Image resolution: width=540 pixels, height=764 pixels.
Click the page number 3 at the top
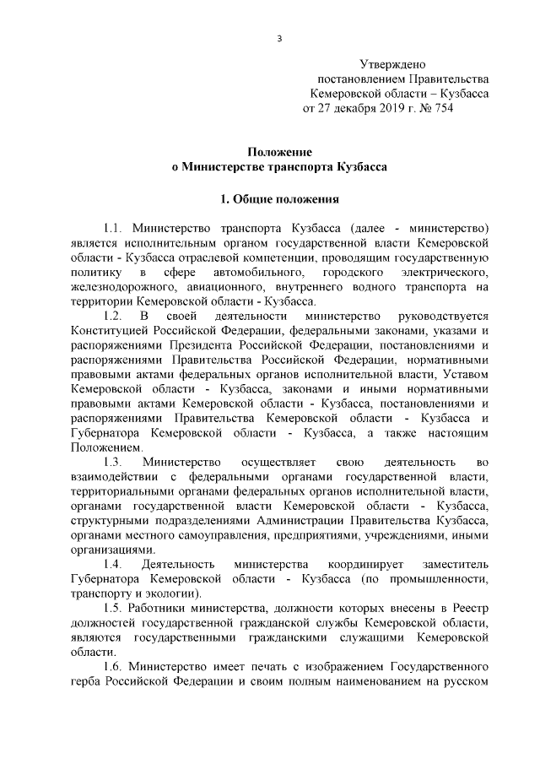pyautogui.click(x=279, y=38)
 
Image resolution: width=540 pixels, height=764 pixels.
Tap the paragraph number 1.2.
pyautogui.click(x=114, y=315)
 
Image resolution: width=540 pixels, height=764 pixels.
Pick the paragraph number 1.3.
pyautogui.click(x=114, y=462)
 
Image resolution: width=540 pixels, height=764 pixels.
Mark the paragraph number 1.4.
pyautogui.click(x=114, y=564)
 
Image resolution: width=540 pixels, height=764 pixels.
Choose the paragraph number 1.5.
pyautogui.click(x=114, y=608)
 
